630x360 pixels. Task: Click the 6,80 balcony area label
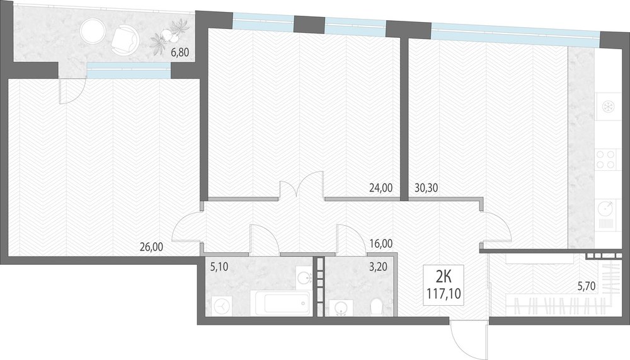coord(180,52)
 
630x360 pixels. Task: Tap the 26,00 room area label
coord(151,247)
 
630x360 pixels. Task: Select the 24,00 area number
coord(381,187)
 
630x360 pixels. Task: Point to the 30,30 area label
coord(427,187)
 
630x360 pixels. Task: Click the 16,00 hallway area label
coord(381,243)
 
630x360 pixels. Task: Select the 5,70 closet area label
coord(586,286)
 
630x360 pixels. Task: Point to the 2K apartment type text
coord(444,277)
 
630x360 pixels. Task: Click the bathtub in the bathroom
coord(280,303)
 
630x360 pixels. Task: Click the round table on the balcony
coord(93,30)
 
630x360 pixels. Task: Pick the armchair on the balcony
coord(125,40)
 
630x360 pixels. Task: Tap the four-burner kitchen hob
coord(606,158)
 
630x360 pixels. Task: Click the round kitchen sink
coord(606,208)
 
